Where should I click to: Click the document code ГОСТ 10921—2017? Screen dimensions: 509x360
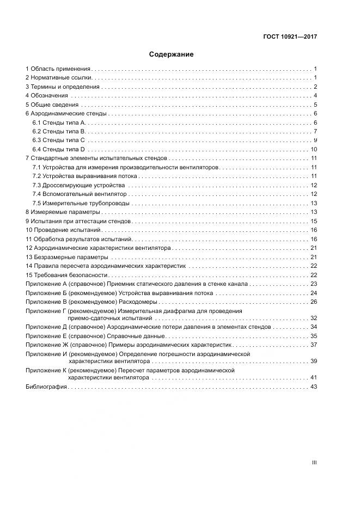[290, 37]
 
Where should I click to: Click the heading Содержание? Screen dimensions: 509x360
[171, 54]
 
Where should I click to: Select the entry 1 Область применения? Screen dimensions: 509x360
[58, 69]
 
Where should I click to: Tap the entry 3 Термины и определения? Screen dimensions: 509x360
[63, 87]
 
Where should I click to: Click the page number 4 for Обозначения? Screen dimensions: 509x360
[315, 96]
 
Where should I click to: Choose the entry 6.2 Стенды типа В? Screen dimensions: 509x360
[59, 131]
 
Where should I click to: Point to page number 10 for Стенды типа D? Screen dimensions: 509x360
[314, 149]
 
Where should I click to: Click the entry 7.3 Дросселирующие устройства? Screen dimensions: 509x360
[78, 185]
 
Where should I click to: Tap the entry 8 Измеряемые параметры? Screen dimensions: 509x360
[63, 212]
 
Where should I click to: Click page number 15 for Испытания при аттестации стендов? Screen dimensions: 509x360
[314, 221]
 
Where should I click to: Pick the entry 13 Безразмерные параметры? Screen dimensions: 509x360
[67, 256]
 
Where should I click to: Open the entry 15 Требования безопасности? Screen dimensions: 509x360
[66, 274]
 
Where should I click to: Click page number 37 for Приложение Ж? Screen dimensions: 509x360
[314, 345]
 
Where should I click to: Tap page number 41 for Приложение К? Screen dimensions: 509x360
[314, 377]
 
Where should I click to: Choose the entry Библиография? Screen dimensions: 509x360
[46, 387]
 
